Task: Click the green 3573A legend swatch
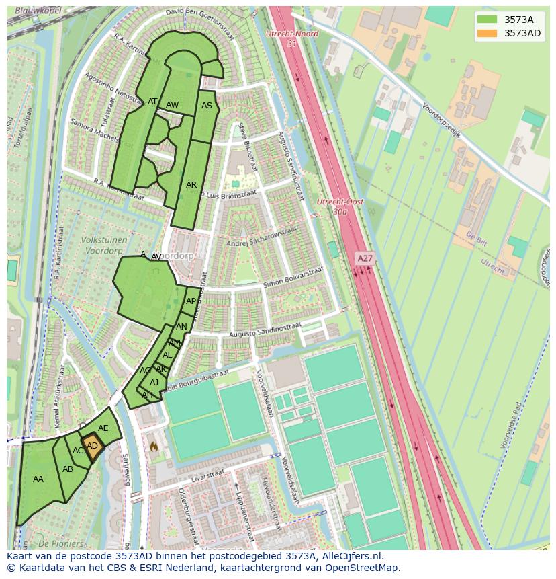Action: click(x=488, y=20)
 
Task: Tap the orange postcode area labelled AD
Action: click(x=93, y=447)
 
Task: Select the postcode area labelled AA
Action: click(x=38, y=479)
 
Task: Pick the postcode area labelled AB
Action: click(x=68, y=469)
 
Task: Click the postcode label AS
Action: click(x=207, y=106)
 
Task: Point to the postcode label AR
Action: click(x=191, y=185)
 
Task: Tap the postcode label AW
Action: click(x=172, y=105)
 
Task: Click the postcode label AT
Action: click(x=152, y=102)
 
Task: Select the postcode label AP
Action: click(x=191, y=301)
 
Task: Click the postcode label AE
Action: click(x=103, y=428)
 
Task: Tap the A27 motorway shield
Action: click(x=365, y=258)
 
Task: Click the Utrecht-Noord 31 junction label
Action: click(x=291, y=38)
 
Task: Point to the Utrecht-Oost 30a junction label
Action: click(x=340, y=206)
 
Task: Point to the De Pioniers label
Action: click(x=61, y=543)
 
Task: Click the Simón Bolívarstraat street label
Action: click(x=293, y=277)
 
